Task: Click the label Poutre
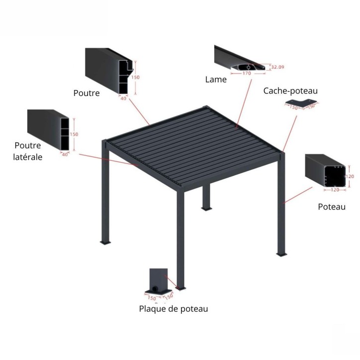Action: tap(87, 92)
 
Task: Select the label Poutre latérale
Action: tap(28, 151)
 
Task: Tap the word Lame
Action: tap(216, 79)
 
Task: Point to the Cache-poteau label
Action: tap(290, 90)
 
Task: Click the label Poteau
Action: tap(332, 206)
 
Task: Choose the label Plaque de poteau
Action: tap(173, 309)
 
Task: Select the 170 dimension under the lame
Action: tap(247, 74)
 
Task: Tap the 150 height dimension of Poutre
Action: tap(136, 77)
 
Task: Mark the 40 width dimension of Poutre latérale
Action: tap(65, 154)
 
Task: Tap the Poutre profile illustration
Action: tap(109, 70)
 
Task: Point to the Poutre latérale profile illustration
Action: tap(48, 130)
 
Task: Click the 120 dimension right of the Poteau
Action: tap(350, 177)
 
